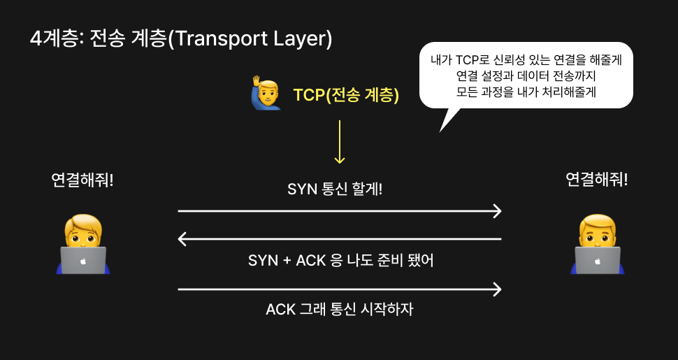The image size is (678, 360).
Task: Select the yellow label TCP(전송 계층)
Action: click(x=346, y=96)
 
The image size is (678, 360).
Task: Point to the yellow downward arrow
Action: click(x=340, y=143)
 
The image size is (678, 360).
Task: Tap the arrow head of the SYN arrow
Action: click(x=497, y=210)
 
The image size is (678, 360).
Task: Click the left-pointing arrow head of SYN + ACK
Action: click(x=183, y=240)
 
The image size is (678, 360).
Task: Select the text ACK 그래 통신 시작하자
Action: click(x=340, y=309)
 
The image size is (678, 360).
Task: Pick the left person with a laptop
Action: click(x=83, y=244)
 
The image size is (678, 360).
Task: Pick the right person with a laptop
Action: click(x=597, y=244)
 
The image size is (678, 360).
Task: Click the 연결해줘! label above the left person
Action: click(x=82, y=180)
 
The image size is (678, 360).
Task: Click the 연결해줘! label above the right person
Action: click(x=596, y=180)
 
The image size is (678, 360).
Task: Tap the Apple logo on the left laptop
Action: click(x=83, y=261)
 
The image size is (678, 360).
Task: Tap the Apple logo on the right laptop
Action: click(x=597, y=261)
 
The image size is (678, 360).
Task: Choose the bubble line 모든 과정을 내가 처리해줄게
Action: click(x=526, y=92)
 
